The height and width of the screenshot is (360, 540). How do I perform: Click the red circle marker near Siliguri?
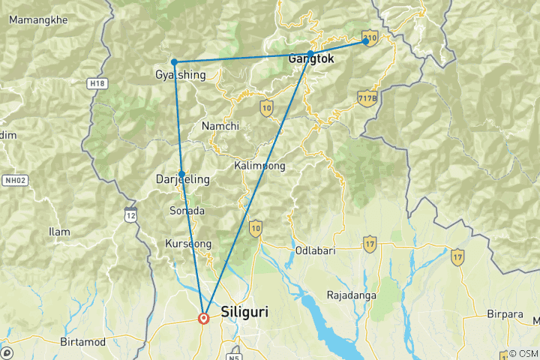pyautogui.click(x=203, y=318)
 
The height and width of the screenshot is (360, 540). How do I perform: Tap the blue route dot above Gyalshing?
pyautogui.click(x=174, y=61)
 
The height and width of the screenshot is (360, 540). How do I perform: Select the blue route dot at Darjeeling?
pyautogui.click(x=181, y=174)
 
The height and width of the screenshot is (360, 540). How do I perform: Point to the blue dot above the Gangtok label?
pyautogui.click(x=310, y=54)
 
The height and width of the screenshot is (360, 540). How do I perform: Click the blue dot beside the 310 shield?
pyautogui.click(x=366, y=41)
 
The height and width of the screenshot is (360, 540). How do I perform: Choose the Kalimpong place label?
pyautogui.click(x=259, y=165)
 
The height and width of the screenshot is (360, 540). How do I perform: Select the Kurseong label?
pyautogui.click(x=188, y=244)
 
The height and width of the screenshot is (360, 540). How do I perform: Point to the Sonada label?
pyautogui.click(x=187, y=211)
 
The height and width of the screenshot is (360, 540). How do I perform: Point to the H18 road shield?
pyautogui.click(x=96, y=83)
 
